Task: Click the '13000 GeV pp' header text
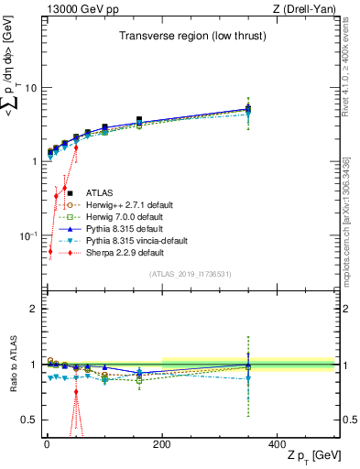(78, 10)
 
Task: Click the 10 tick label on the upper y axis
(30, 88)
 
